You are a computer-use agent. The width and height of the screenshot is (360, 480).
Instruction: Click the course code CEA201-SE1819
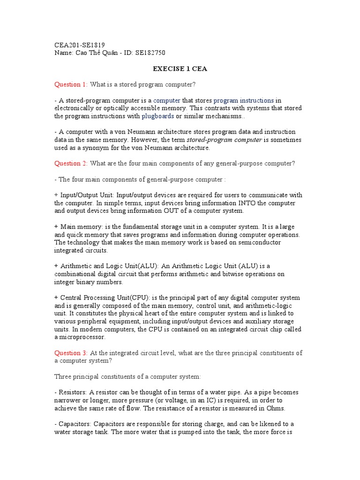pyautogui.click(x=80, y=45)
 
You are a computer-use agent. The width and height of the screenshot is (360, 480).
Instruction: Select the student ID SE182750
pyautogui.click(x=150, y=53)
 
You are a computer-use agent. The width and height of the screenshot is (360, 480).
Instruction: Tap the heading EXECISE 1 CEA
pyautogui.click(x=180, y=69)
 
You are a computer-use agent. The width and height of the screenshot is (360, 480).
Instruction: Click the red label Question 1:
pyautogui.click(x=71, y=84)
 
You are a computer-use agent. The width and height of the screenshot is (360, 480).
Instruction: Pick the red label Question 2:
pyautogui.click(x=71, y=163)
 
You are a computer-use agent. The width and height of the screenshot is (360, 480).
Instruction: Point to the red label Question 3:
pyautogui.click(x=71, y=352)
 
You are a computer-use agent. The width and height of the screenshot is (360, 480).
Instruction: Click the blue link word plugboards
pyautogui.click(x=158, y=116)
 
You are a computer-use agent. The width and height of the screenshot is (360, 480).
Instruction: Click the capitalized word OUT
pyautogui.click(x=170, y=211)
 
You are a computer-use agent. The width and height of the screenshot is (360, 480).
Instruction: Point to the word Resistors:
pyautogui.click(x=72, y=392)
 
